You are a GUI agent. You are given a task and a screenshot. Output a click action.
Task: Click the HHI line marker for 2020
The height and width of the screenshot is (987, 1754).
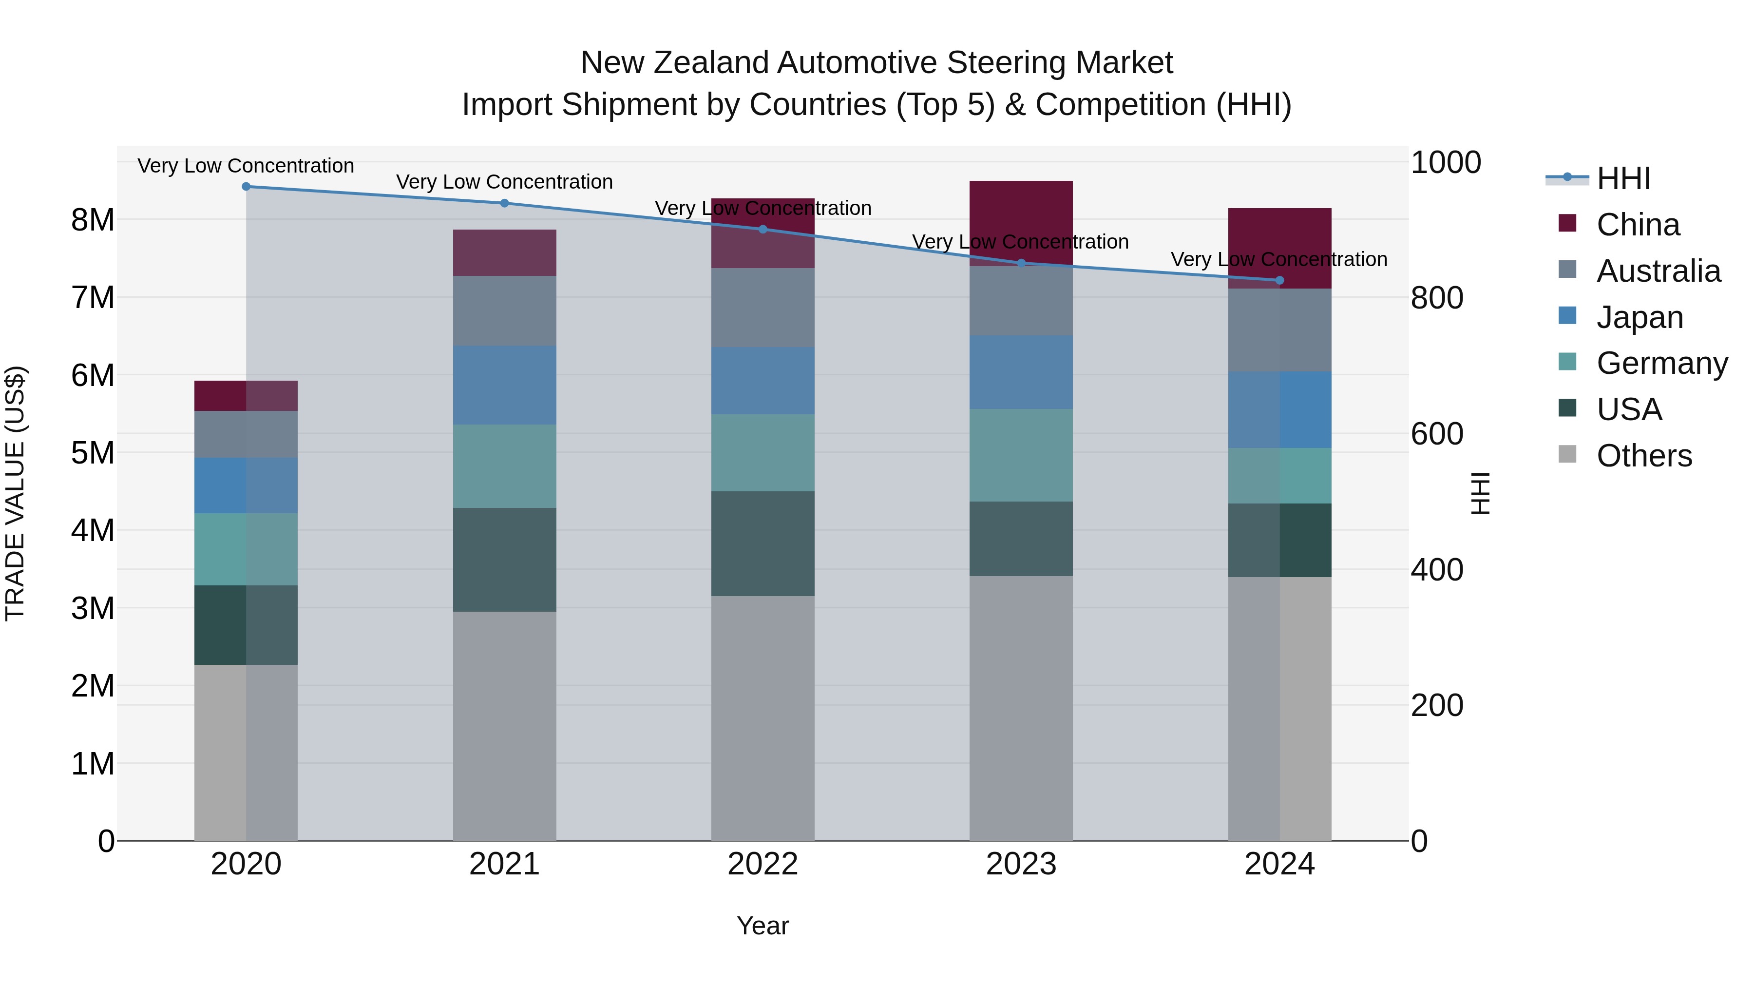click(x=246, y=187)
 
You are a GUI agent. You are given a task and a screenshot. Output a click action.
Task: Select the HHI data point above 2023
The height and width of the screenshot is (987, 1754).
click(x=1021, y=263)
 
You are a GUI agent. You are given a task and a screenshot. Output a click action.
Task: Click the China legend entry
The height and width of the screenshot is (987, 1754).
click(x=1637, y=225)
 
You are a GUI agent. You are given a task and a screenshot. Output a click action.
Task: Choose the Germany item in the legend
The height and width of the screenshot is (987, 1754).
click(x=1661, y=363)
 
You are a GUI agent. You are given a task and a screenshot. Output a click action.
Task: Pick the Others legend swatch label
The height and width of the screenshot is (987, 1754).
click(x=1644, y=456)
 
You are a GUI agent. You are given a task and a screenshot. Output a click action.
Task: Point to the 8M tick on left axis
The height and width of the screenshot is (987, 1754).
click(x=93, y=220)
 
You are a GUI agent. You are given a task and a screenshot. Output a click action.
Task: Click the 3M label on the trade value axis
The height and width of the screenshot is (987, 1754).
click(x=93, y=608)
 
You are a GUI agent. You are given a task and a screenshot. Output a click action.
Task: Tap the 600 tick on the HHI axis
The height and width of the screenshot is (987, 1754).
click(x=1437, y=434)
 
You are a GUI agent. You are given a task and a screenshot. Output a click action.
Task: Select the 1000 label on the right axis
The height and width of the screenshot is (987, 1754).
click(x=1445, y=163)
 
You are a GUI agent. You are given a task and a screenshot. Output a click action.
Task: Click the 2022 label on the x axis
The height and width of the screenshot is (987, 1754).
click(x=762, y=864)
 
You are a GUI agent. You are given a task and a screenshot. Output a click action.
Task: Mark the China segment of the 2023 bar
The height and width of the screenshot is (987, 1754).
click(x=1021, y=223)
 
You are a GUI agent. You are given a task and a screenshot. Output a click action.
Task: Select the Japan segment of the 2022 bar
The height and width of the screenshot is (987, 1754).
click(x=762, y=381)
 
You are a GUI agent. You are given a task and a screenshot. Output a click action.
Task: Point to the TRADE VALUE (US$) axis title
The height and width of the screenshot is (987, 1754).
click(x=15, y=493)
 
